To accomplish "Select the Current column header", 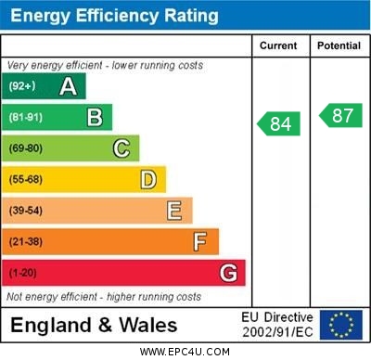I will [x=278, y=45].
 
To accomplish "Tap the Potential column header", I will [x=339, y=45].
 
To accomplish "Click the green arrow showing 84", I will [x=279, y=123].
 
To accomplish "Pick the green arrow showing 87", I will [x=340, y=115].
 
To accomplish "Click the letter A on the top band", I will [x=68, y=86].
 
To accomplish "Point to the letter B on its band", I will [x=95, y=117].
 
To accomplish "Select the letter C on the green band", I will [x=122, y=148].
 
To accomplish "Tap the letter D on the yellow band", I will [x=148, y=179].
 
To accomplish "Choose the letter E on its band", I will [x=174, y=211].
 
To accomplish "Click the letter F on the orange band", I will [x=200, y=242].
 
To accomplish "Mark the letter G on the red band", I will [x=228, y=273].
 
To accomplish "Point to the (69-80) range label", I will [x=25, y=148].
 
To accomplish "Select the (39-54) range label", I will [x=25, y=211].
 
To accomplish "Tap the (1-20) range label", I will [x=22, y=273].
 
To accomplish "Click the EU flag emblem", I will [x=341, y=325].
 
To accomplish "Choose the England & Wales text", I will [x=94, y=326].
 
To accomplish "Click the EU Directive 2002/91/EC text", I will [x=277, y=325].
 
